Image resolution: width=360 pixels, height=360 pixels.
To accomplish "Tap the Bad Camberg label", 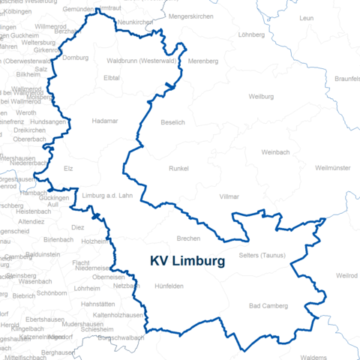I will click(268, 306).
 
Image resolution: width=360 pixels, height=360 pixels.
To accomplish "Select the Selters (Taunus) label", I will click(259, 256).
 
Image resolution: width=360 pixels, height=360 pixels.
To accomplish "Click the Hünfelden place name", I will click(169, 286).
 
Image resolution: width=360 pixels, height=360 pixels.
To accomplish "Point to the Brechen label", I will click(188, 238).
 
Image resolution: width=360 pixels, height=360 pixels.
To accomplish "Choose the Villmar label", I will click(229, 196).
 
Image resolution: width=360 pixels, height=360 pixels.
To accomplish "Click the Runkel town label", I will click(179, 168).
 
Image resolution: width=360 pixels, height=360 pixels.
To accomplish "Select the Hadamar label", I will click(104, 120).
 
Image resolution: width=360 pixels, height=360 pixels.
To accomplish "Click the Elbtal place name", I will click(112, 77).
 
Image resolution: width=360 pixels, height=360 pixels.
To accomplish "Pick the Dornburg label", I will click(75, 58).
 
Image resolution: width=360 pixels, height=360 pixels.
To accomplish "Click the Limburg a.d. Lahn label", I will click(106, 194).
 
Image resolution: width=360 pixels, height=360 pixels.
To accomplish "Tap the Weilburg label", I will click(261, 97).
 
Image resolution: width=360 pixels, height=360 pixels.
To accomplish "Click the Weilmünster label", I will click(334, 167).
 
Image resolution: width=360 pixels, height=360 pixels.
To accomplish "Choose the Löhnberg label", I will click(251, 34).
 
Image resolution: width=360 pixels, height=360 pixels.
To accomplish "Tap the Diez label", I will click(78, 226).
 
